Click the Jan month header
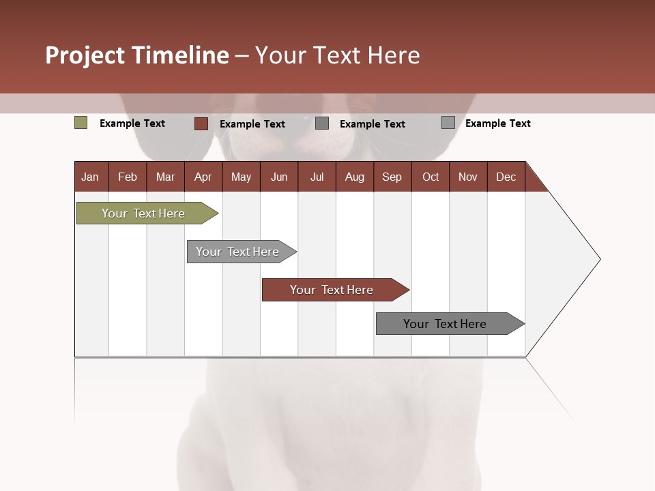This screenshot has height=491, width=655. pyautogui.click(x=91, y=177)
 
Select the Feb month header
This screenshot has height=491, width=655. pyautogui.click(x=128, y=177)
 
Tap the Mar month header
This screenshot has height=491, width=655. pyautogui.click(x=165, y=177)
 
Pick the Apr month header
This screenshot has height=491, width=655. pyautogui.click(x=203, y=177)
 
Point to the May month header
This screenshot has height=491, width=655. pyautogui.click(x=241, y=177)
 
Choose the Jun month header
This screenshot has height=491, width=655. pyautogui.click(x=279, y=177)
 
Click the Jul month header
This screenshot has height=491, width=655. pyautogui.click(x=317, y=177)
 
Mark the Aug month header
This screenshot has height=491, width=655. pyautogui.click(x=355, y=177)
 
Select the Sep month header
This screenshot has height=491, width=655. pyautogui.click(x=392, y=177)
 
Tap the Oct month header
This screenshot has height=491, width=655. pyautogui.click(x=431, y=177)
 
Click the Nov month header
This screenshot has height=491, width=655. pyautogui.click(x=468, y=177)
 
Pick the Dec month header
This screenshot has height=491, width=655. pyautogui.click(x=506, y=177)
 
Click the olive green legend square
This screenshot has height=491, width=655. pyautogui.click(x=81, y=123)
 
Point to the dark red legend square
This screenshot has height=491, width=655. pyautogui.click(x=201, y=123)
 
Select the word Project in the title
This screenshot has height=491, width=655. pyautogui.click(x=85, y=55)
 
